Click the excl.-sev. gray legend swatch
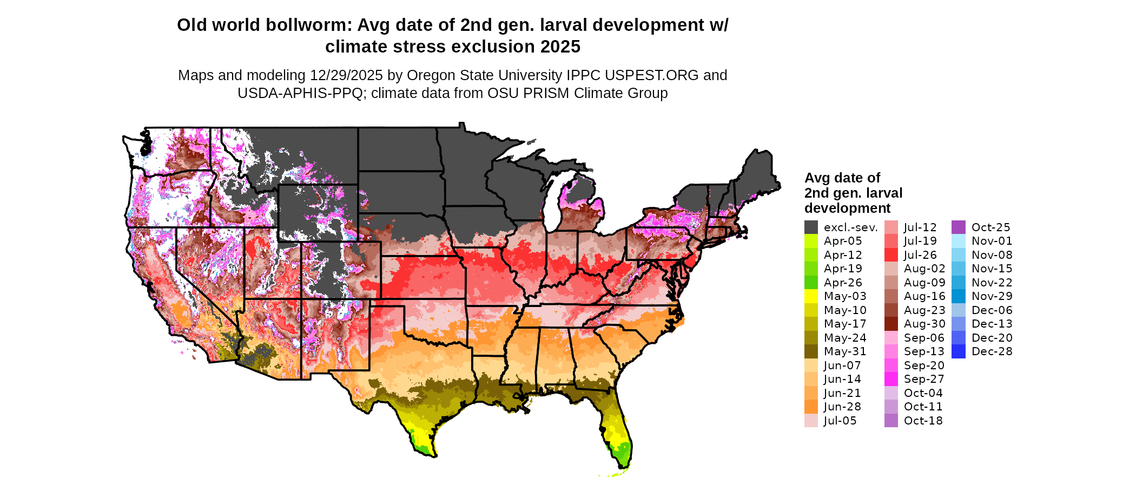(811, 227)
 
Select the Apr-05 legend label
(843, 241)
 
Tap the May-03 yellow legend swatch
(811, 296)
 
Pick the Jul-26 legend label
(920, 255)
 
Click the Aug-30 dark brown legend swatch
(891, 324)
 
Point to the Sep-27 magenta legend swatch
(891, 379)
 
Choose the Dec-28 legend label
(992, 351)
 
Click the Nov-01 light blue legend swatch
(958, 241)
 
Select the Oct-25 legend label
(990, 227)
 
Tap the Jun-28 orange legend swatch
(811, 407)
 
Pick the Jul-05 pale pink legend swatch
(811, 421)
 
